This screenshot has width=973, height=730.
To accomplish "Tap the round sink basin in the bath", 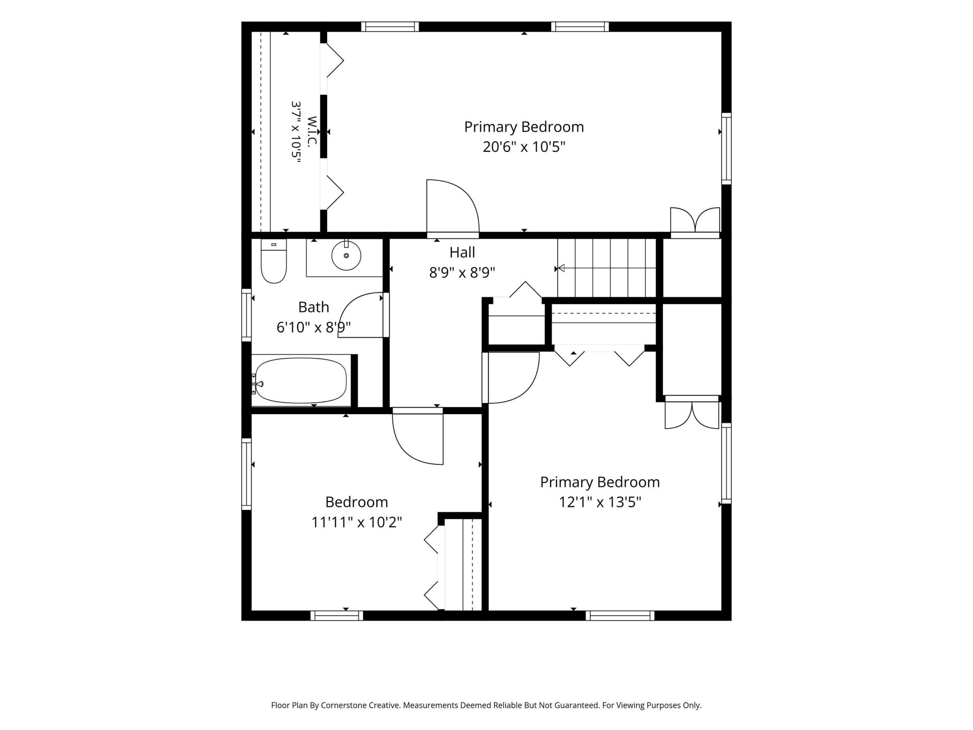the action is [346, 255].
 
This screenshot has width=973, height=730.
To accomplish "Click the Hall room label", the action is [462, 252].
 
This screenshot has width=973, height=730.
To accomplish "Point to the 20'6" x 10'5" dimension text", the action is [523, 146].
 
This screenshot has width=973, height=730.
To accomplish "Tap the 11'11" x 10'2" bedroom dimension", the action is [357, 522].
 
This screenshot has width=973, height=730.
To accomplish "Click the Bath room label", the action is [314, 307].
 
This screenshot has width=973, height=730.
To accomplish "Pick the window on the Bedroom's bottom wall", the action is [337, 616].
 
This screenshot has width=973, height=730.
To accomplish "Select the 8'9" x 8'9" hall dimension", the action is [462, 273].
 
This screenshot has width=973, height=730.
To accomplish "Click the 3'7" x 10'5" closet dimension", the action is [296, 132].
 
